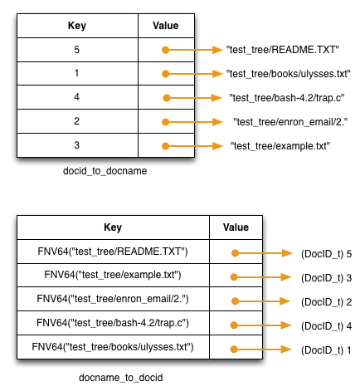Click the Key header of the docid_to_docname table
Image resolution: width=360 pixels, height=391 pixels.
(x=76, y=26)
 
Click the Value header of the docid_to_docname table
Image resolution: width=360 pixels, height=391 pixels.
(x=166, y=26)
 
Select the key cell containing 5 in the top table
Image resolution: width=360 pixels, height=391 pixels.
(x=76, y=50)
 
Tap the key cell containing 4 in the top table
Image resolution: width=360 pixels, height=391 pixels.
(x=76, y=98)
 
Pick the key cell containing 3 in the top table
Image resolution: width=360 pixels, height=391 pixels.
(x=76, y=145)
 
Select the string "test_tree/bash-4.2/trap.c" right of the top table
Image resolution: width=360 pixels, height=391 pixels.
(x=287, y=98)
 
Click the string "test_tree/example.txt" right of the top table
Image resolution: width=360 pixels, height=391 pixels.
(x=280, y=146)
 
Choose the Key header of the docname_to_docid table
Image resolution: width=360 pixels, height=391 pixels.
(x=112, y=227)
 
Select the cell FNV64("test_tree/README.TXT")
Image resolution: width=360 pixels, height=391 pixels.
(x=112, y=252)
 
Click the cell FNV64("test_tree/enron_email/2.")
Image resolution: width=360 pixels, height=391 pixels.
(x=112, y=299)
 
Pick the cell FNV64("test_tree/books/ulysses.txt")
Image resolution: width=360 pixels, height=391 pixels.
(x=112, y=347)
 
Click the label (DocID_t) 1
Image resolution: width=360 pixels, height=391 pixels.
(x=327, y=349)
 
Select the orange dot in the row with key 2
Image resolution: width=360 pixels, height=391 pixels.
(x=167, y=122)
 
